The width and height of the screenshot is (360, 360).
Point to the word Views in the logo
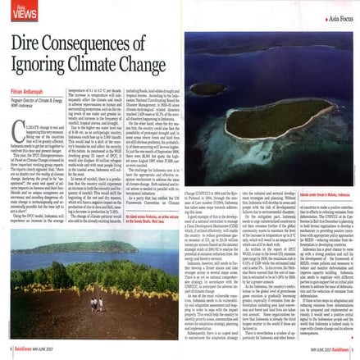[19, 14]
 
